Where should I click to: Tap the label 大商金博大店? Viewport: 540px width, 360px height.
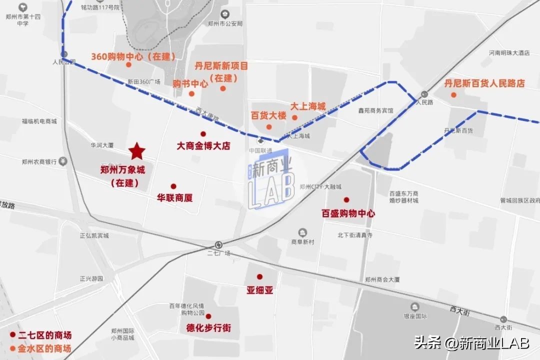(x=203, y=146)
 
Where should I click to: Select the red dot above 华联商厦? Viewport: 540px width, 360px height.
(x=173, y=186)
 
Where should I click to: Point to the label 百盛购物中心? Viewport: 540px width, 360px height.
(x=348, y=213)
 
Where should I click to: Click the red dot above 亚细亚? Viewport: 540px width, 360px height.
(x=259, y=276)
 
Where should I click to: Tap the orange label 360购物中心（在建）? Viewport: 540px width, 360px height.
(x=133, y=56)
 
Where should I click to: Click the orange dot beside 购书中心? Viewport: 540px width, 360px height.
(x=191, y=93)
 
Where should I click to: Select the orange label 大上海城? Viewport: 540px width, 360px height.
(x=308, y=106)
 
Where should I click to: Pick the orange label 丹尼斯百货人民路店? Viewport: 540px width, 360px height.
(x=484, y=83)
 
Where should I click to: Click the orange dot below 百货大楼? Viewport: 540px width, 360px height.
(x=269, y=126)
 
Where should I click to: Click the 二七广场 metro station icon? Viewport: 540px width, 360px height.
(x=218, y=244)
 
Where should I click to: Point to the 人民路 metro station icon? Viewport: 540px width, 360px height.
(x=424, y=93)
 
